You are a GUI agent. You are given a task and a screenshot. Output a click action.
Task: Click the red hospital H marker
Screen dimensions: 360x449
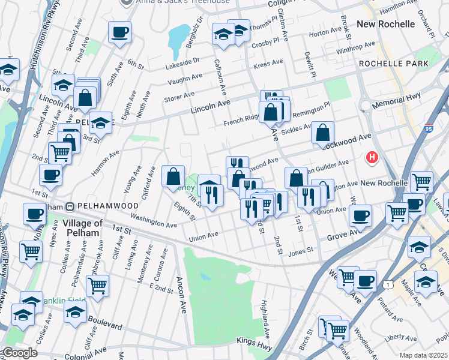tap(372, 158)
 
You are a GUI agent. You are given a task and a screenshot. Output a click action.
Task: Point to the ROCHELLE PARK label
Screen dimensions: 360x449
tap(394, 64)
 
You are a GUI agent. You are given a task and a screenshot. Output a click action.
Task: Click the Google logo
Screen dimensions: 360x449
tap(19, 352)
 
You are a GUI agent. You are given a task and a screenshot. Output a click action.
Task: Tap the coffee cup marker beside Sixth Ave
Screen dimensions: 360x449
tap(119, 31)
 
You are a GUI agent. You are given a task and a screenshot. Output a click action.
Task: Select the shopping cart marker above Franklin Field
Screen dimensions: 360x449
tap(97, 286)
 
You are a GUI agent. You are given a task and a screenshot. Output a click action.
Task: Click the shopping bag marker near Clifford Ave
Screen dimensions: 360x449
tap(173, 175)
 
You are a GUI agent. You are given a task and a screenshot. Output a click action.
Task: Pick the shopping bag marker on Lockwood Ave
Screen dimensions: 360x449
tap(322, 132)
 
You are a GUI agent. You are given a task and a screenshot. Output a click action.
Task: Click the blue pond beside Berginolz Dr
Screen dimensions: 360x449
tap(178, 38)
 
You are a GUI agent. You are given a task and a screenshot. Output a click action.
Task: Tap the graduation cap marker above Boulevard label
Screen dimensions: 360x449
tap(75, 312)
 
